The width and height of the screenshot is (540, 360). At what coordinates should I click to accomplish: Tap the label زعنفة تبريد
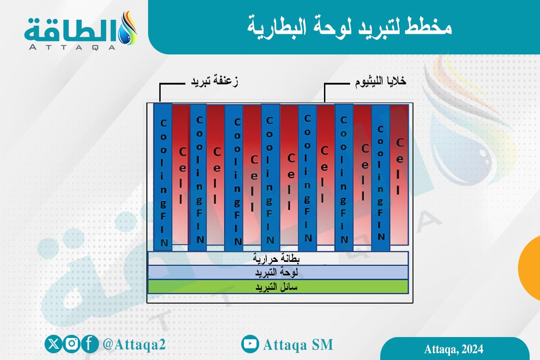pyautogui.click(x=212, y=82)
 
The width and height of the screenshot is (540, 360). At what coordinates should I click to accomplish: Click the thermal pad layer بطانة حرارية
pyautogui.click(x=278, y=259)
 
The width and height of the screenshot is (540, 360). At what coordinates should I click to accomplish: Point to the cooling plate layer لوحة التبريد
pyautogui.click(x=278, y=273)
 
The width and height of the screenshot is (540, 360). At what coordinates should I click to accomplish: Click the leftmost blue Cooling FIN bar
pyautogui.click(x=163, y=175)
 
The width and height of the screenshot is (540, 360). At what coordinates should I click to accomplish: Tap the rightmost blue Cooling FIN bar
pyautogui.click(x=381, y=175)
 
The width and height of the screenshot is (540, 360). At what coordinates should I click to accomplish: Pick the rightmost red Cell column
pyautogui.click(x=399, y=173)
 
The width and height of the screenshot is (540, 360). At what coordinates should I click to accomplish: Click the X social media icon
pyautogui.click(x=54, y=344)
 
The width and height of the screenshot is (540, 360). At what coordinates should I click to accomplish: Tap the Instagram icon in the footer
pyautogui.click(x=72, y=344)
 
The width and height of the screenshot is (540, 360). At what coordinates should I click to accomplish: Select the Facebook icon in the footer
pyautogui.click(x=90, y=344)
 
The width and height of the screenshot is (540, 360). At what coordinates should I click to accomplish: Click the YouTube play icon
pyautogui.click(x=250, y=344)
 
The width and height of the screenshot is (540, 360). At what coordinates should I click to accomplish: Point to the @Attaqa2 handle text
pyautogui.click(x=134, y=345)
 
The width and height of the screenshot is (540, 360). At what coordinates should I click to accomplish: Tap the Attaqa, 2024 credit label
pyautogui.click(x=454, y=349)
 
